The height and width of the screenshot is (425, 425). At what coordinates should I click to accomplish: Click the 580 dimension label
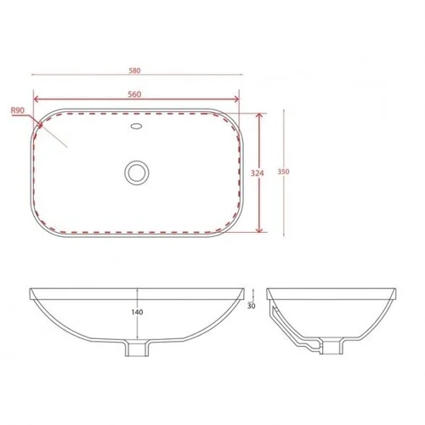coord(134,71)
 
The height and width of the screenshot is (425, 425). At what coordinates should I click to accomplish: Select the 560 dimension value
coord(134,94)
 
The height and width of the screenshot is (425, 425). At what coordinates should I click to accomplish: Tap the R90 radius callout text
coord(18,110)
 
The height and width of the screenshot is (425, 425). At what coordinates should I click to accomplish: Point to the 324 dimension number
coord(258,173)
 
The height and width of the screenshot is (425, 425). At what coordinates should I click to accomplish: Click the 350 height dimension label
coord(283,172)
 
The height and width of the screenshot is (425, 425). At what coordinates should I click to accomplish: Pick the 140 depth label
coord(138,312)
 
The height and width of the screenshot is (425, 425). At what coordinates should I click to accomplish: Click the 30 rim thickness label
coord(252,306)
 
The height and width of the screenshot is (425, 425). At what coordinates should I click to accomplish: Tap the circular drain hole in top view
coord(137,173)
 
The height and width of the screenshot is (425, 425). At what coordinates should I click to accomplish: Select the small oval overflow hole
coord(137,126)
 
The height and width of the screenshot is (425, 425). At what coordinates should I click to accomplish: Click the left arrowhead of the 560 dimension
coord(36,99)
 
